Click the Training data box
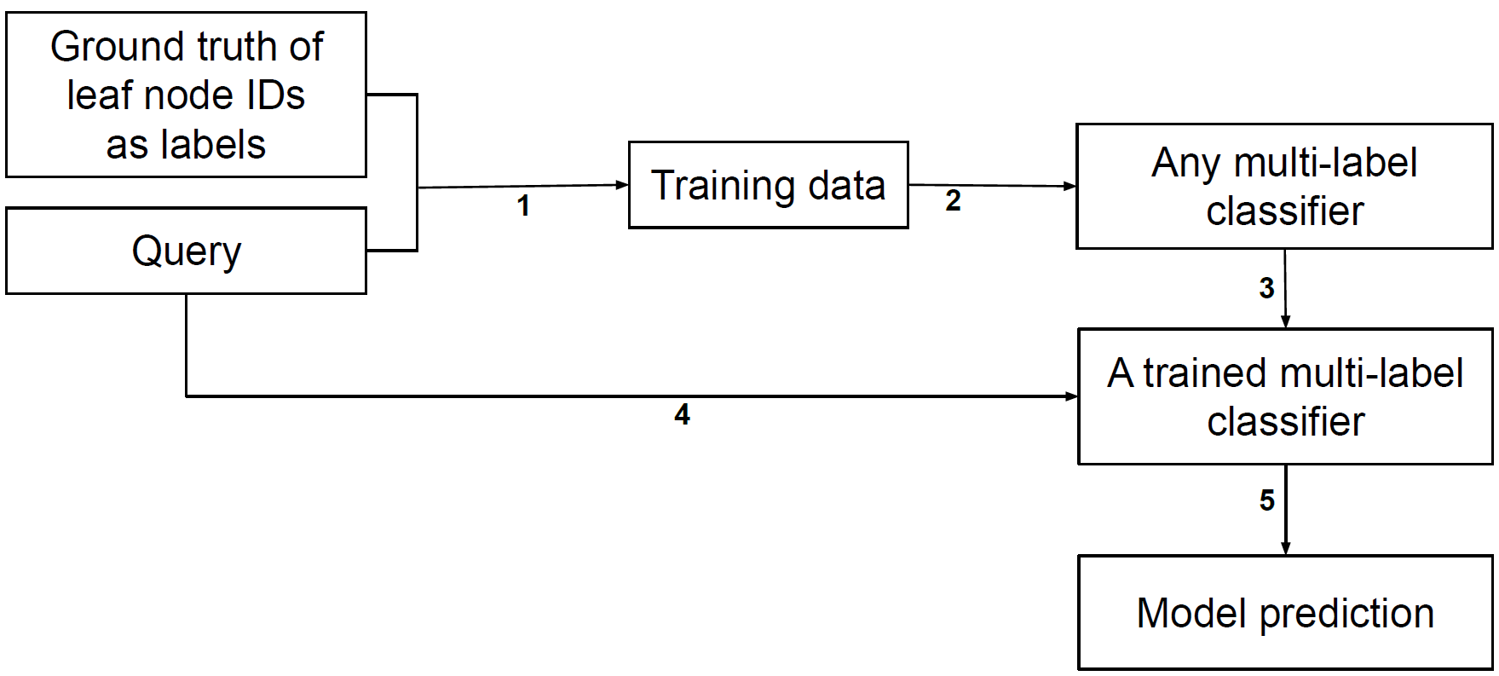(768, 185)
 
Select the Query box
(186, 251)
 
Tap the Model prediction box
(1285, 613)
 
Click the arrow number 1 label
(523, 205)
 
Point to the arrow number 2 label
(953, 201)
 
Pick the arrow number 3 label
(1267, 288)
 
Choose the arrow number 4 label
(682, 415)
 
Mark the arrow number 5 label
(1267, 500)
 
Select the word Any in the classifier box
(1185, 164)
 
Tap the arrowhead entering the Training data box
(622, 184)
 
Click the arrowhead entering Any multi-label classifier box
(1070, 186)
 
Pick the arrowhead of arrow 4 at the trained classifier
(1072, 396)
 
